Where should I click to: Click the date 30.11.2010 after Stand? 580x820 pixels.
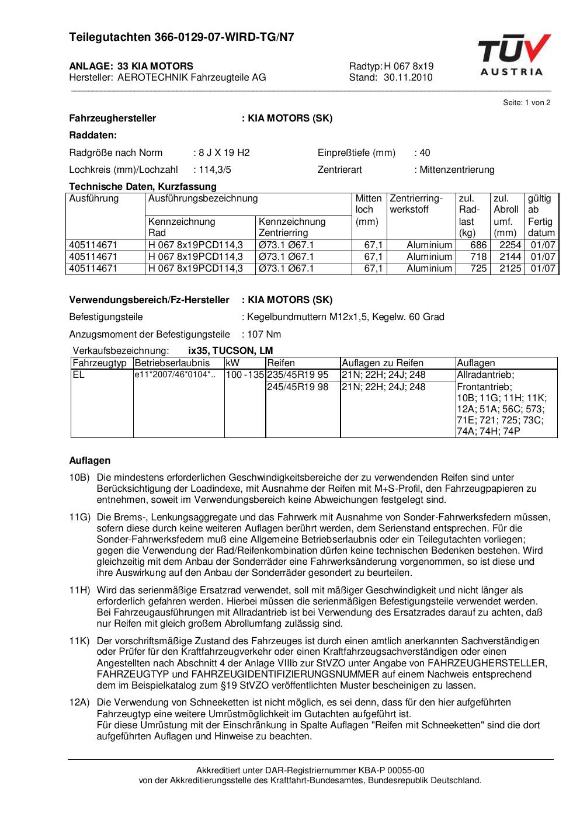(408, 78)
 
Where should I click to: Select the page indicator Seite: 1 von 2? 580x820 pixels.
(526, 103)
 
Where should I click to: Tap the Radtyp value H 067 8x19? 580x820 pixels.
(408, 66)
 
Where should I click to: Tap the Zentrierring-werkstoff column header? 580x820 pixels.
(416, 204)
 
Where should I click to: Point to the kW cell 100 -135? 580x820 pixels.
(245, 375)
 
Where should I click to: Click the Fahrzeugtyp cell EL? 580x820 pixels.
(79, 375)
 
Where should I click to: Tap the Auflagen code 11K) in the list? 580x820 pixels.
(79, 641)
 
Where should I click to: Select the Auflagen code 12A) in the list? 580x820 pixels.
(79, 703)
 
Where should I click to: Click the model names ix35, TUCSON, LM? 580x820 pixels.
(231, 351)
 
